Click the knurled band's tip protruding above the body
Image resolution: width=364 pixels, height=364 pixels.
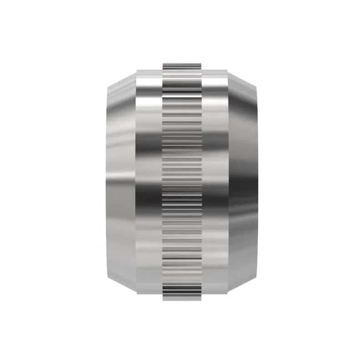[182, 66]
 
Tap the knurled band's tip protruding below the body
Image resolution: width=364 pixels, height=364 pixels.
[182, 297]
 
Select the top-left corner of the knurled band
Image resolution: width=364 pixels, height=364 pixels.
[163, 62]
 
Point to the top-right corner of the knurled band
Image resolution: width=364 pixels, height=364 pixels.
[202, 62]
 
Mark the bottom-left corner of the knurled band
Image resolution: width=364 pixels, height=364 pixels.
[163, 300]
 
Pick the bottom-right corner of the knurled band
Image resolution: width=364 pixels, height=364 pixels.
[202, 300]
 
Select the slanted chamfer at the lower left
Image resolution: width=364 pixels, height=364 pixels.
[121, 284]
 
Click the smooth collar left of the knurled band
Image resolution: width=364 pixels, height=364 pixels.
[149, 182]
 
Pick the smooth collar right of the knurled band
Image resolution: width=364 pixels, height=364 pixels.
[215, 182]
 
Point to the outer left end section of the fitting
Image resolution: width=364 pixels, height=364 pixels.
[121, 182]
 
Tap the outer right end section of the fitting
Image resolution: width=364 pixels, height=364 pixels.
[243, 182]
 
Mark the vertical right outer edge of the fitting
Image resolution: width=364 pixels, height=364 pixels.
[258, 182]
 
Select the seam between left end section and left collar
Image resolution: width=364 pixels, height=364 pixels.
[136, 182]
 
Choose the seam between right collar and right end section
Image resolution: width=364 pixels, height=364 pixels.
[228, 182]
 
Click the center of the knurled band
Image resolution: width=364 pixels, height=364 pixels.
[182, 182]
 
